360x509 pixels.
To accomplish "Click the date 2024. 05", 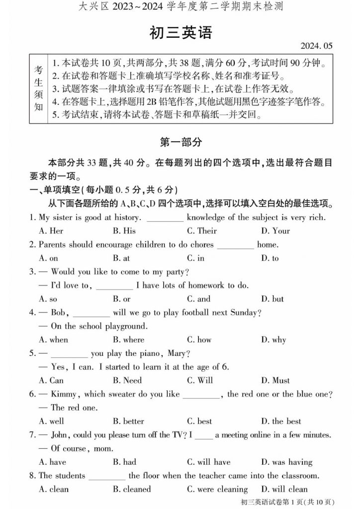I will click(x=316, y=46).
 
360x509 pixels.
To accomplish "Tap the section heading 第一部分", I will click(x=180, y=142).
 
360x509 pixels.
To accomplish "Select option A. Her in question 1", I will click(x=51, y=231).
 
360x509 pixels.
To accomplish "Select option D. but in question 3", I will click(x=272, y=299).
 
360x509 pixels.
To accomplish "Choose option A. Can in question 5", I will click(x=51, y=381).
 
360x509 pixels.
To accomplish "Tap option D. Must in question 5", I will click(x=275, y=381).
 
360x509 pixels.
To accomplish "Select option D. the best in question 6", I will click(x=281, y=422).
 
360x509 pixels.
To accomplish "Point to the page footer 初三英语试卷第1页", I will click(x=288, y=502).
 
